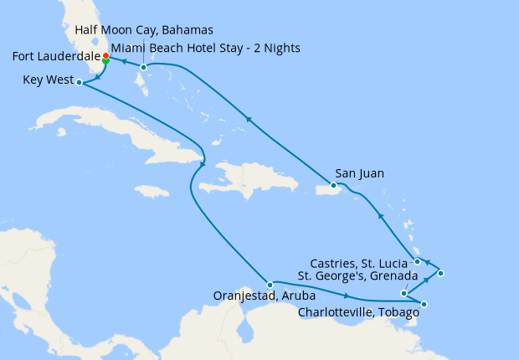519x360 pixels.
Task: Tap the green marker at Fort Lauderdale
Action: [x=105, y=61]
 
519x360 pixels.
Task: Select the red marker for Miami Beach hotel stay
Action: [x=105, y=56]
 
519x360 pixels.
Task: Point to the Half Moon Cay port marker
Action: [x=143, y=67]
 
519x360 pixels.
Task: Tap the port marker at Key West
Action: [x=79, y=82]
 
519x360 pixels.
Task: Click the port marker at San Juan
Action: [x=333, y=185]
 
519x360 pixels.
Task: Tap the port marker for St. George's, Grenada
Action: [x=404, y=293]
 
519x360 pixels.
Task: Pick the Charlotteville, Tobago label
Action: [x=358, y=314]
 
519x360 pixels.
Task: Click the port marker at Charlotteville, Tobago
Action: [x=424, y=305]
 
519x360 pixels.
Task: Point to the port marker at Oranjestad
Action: [x=270, y=285]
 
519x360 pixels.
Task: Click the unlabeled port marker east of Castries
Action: [x=441, y=273]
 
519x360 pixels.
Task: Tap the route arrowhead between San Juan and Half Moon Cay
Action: [x=249, y=120]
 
